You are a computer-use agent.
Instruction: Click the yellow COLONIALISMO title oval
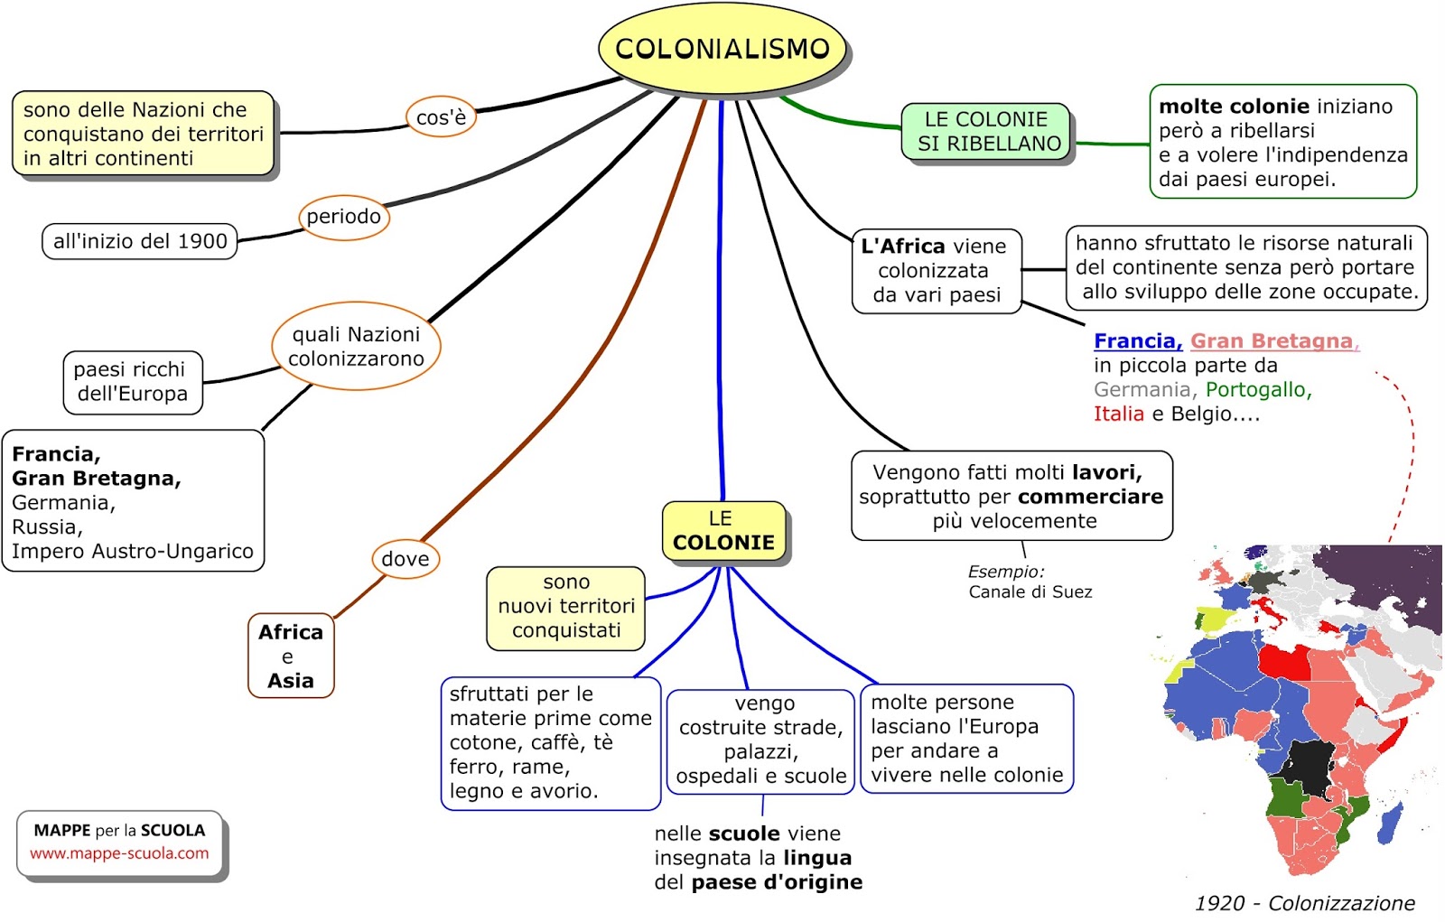tap(722, 49)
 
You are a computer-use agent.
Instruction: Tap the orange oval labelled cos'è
tap(441, 117)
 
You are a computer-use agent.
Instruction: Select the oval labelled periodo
tap(343, 217)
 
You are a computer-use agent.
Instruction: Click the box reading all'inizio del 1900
tap(140, 241)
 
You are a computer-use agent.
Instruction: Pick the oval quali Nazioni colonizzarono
tap(356, 347)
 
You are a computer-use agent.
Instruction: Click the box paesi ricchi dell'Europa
tap(132, 382)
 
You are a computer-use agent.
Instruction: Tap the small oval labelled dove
tap(405, 559)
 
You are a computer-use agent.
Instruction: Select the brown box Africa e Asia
tap(291, 657)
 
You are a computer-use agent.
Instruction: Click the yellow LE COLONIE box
tap(723, 532)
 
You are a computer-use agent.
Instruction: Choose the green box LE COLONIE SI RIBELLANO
tap(988, 132)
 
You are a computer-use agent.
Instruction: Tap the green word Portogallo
tap(1256, 390)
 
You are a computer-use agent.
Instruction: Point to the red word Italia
tap(1118, 414)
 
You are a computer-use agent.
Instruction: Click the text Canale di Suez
tap(1030, 592)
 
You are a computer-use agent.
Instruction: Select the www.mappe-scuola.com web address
tap(119, 853)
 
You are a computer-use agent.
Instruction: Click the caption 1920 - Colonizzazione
tap(1304, 903)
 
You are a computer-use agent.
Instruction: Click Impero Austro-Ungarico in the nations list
tap(133, 552)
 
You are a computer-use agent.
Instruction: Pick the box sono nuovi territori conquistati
tap(566, 607)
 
